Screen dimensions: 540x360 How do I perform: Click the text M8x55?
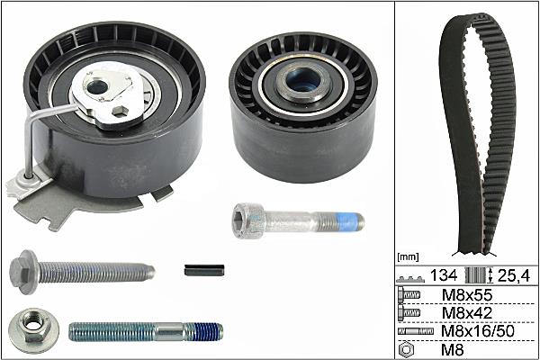click(466, 295)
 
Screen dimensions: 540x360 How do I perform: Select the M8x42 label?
click(466, 313)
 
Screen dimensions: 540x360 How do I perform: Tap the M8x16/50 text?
click(477, 331)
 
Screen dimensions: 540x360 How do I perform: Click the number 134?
click(444, 275)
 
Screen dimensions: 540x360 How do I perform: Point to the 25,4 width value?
click(514, 275)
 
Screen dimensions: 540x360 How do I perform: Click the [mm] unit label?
click(408, 256)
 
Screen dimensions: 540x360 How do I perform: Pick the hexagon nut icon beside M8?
click(406, 350)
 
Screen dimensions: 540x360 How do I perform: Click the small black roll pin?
click(204, 270)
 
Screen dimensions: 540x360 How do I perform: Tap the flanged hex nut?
click(33, 330)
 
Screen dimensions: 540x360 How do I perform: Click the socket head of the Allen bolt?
click(248, 220)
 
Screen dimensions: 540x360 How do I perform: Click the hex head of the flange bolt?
click(23, 272)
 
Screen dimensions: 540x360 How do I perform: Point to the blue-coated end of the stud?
click(205, 332)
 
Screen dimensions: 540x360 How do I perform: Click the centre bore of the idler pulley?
click(304, 80)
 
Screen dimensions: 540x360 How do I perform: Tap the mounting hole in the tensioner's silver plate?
click(97, 86)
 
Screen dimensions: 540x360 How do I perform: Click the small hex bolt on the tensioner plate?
click(121, 111)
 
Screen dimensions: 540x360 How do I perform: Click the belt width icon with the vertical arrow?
click(479, 275)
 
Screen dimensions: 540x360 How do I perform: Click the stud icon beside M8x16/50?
click(415, 331)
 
